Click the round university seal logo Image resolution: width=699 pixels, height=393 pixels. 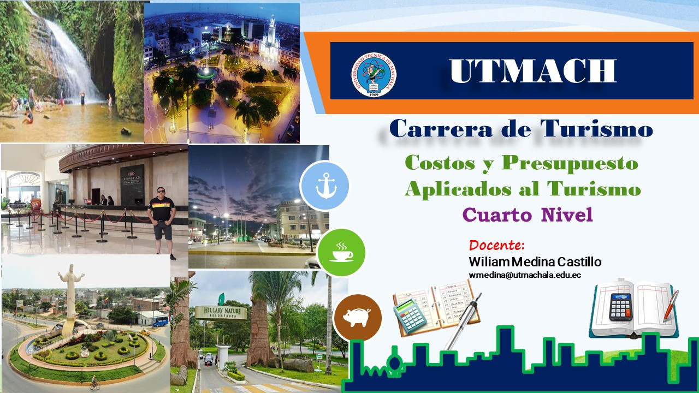pyautogui.click(x=373, y=75)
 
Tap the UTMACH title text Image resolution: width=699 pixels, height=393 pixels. pyautogui.click(x=532, y=71)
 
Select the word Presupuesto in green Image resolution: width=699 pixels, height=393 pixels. pyautogui.click(x=570, y=164)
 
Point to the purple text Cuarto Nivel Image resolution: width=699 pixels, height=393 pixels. pyautogui.click(x=528, y=215)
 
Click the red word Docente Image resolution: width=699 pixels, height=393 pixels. pyautogui.click(x=496, y=245)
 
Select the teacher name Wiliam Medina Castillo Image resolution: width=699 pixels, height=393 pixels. pyautogui.click(x=535, y=262)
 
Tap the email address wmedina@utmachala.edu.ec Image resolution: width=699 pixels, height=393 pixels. pyautogui.click(x=525, y=275)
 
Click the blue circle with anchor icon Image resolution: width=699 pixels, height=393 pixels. pyautogui.click(x=325, y=186)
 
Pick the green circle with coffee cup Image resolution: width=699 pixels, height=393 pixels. pyautogui.click(x=341, y=252)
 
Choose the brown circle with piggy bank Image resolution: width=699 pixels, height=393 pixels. pyautogui.click(x=358, y=318)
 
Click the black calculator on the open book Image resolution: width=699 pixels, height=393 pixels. pyautogui.click(x=621, y=307)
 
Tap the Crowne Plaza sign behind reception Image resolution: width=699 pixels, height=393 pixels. pyautogui.click(x=132, y=184)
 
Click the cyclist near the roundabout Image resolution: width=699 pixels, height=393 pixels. pyautogui.click(x=94, y=383)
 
